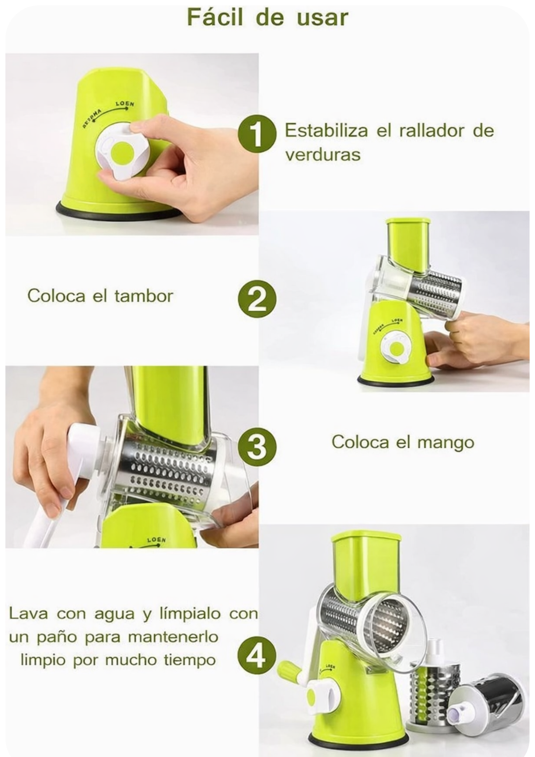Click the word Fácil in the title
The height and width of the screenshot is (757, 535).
click(x=215, y=17)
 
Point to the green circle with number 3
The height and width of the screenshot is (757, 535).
click(x=257, y=446)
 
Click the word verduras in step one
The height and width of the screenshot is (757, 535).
click(x=322, y=155)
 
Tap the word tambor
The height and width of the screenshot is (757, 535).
click(x=144, y=296)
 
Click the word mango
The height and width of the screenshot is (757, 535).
click(x=446, y=443)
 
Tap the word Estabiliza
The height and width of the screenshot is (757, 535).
click(x=326, y=131)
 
